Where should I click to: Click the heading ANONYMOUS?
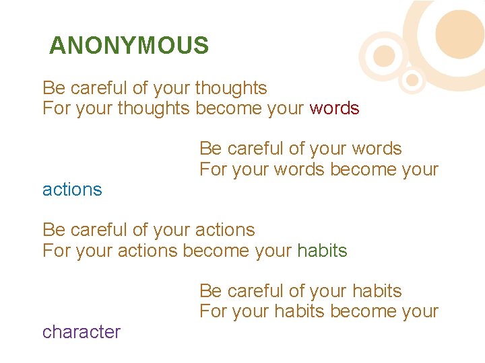[129, 46]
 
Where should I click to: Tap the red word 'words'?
[334, 108]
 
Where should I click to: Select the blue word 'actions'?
[72, 190]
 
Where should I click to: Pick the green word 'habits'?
[322, 251]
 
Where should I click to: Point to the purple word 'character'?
[82, 332]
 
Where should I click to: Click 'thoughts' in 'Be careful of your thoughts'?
[230, 88]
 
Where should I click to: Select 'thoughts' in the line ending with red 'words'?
[154, 108]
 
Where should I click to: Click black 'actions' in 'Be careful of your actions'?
[224, 230]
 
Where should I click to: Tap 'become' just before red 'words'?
[228, 108]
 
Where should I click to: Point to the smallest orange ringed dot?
[412, 81]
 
